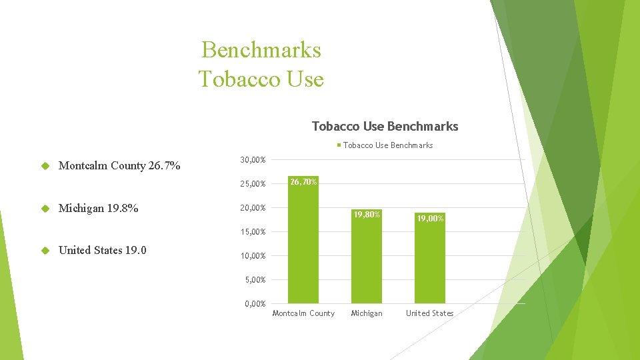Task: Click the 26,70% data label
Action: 303,181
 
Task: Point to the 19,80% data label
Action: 367,215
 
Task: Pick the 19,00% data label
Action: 430,218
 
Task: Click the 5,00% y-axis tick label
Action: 255,280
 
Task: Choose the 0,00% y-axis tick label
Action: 255,304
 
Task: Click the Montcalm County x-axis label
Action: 303,313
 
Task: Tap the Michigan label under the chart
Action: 367,313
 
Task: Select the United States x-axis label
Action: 429,313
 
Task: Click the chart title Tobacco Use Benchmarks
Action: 385,126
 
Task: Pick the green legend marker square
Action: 339,145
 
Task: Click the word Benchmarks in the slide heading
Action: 261,50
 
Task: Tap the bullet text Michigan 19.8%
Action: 99,208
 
